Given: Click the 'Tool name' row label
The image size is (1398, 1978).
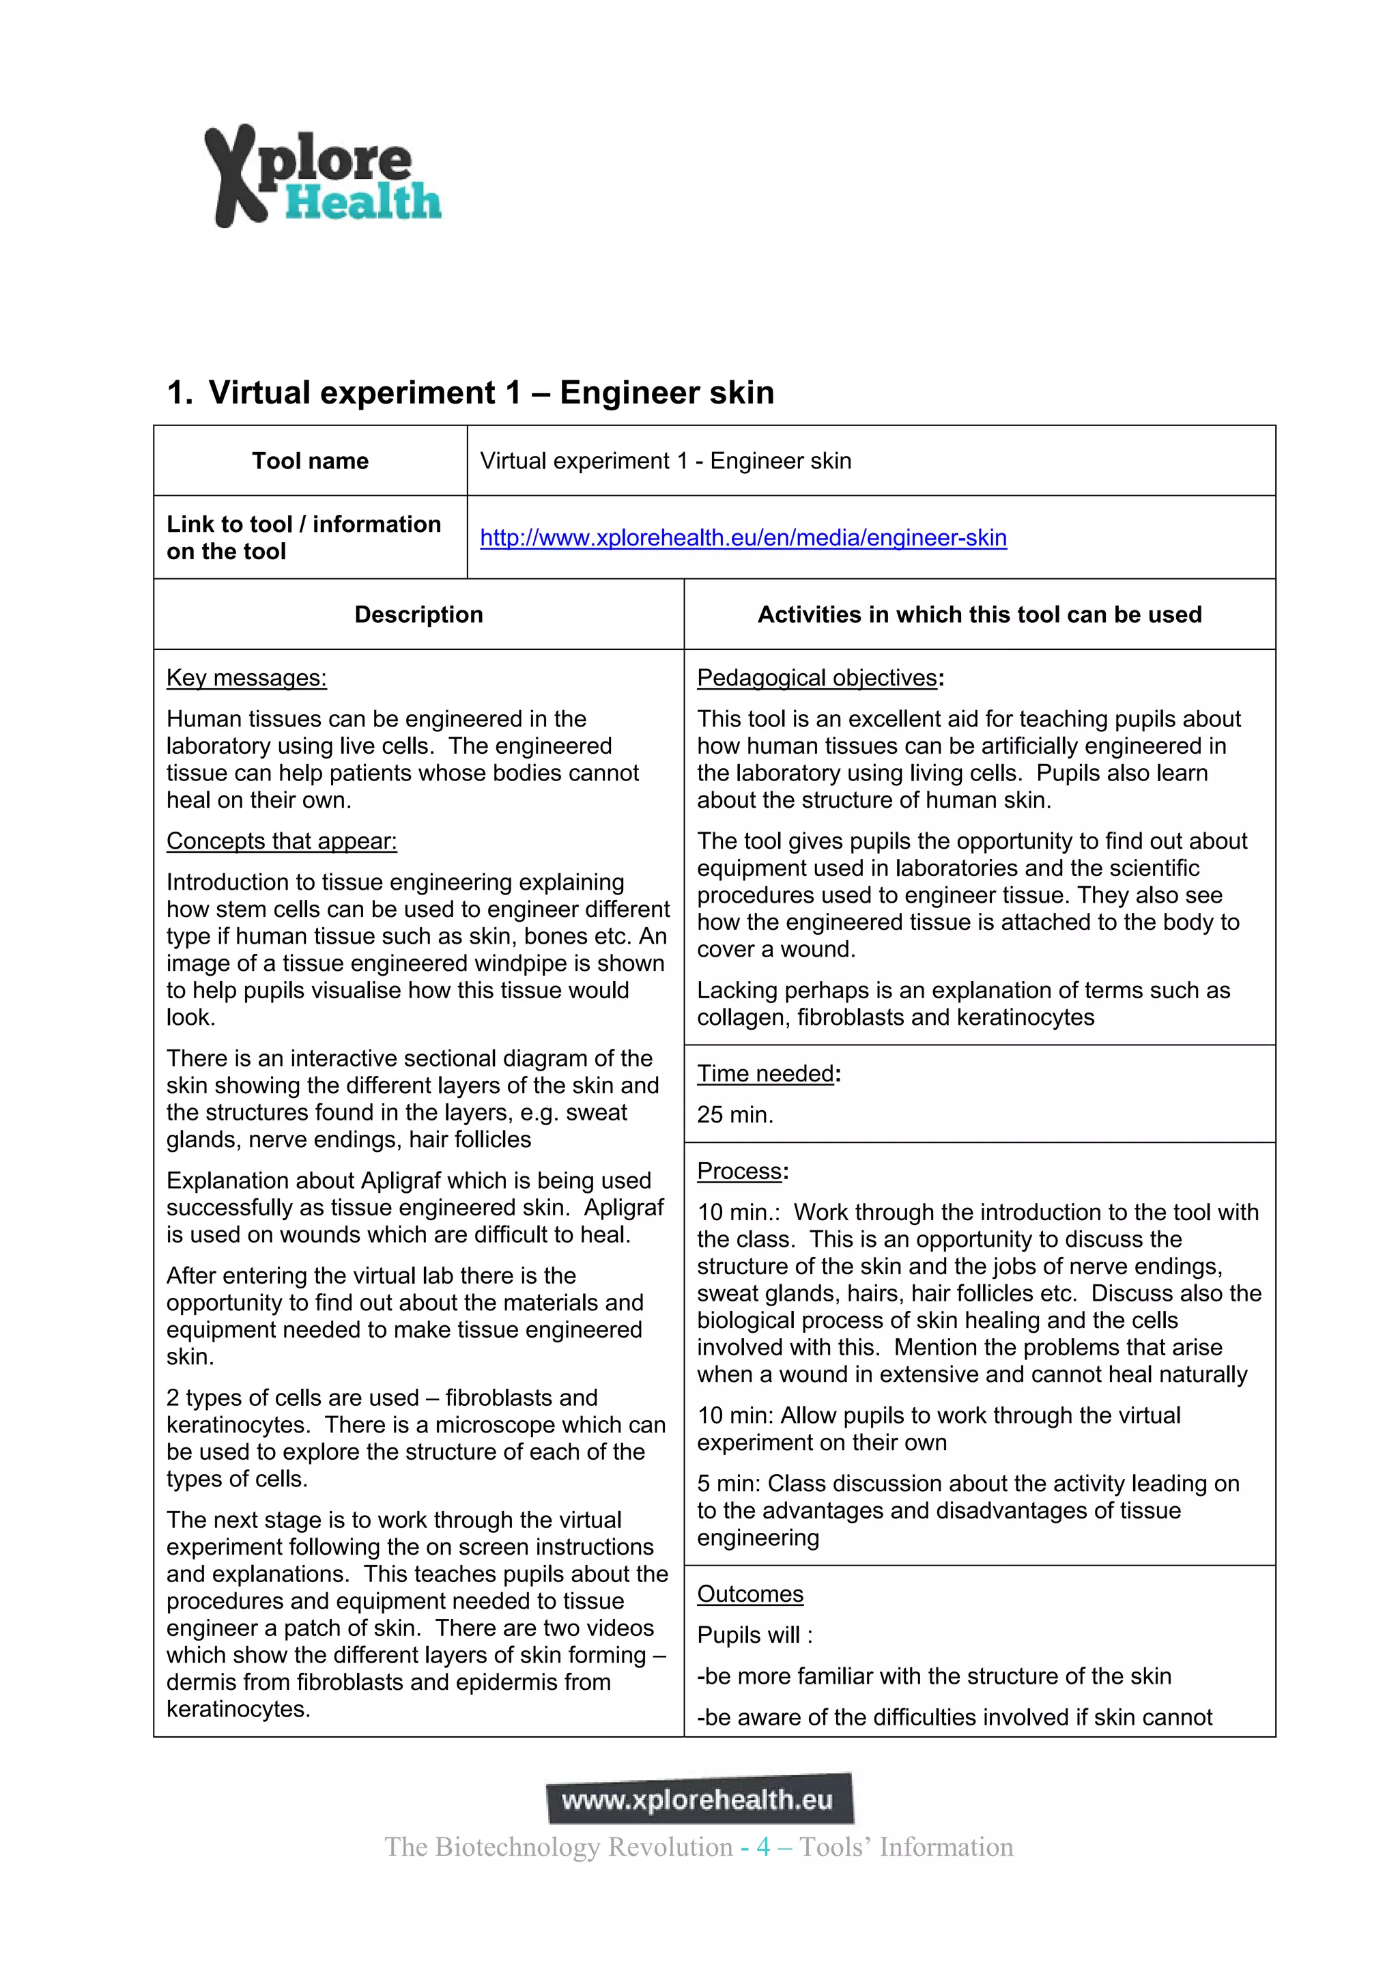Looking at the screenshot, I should click(310, 461).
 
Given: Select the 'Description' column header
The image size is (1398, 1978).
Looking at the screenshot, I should click(418, 614).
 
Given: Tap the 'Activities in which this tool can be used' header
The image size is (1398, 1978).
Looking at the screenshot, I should click(980, 614).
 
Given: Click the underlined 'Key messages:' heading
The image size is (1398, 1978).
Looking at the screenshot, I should click(246, 678).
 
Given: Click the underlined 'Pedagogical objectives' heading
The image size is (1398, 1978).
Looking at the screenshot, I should click(816, 678).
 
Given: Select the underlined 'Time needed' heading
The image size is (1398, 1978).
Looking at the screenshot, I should click(765, 1073).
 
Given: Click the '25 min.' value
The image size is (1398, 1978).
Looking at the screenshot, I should click(734, 1115).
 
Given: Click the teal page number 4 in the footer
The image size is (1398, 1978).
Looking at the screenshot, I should click(763, 1847).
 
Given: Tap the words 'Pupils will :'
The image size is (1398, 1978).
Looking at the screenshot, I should click(754, 1635).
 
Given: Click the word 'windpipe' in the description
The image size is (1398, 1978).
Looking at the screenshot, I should click(554, 963).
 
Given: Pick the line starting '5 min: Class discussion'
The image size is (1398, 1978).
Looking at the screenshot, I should click(967, 1484).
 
